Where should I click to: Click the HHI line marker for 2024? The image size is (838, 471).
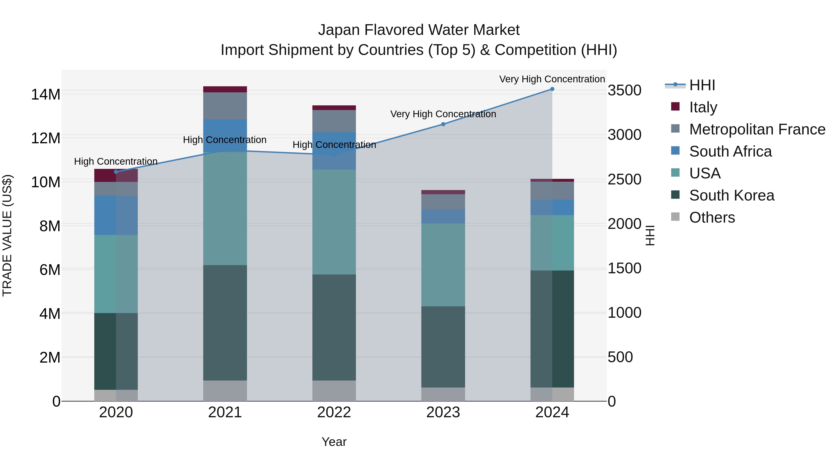pyautogui.click(x=552, y=89)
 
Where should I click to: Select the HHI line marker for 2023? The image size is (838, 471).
pyautogui.click(x=443, y=124)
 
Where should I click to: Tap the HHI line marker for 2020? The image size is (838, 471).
pyautogui.click(x=116, y=172)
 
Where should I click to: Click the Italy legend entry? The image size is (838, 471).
pyautogui.click(x=703, y=107)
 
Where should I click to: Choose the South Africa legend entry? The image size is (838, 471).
pyautogui.click(x=730, y=151)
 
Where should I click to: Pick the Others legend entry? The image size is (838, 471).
pyautogui.click(x=712, y=217)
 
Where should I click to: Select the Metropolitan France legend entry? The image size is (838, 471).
pyautogui.click(x=757, y=129)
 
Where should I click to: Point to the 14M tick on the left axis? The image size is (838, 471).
pyautogui.click(x=46, y=95)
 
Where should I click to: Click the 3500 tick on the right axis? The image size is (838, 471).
pyautogui.click(x=624, y=90)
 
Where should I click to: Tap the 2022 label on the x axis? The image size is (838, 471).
pyautogui.click(x=334, y=412)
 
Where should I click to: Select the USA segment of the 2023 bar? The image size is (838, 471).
pyautogui.click(x=443, y=265)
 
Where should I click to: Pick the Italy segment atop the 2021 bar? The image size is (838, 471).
pyautogui.click(x=225, y=89)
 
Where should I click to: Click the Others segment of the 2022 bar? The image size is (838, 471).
pyautogui.click(x=334, y=391)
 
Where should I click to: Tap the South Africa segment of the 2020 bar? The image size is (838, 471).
pyautogui.click(x=116, y=215)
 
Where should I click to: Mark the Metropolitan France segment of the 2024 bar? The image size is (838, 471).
pyautogui.click(x=552, y=190)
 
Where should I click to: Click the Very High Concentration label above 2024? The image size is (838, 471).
pyautogui.click(x=552, y=79)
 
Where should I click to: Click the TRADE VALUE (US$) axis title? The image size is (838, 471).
pyautogui.click(x=7, y=235)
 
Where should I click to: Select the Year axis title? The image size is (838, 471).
pyautogui.click(x=334, y=442)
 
